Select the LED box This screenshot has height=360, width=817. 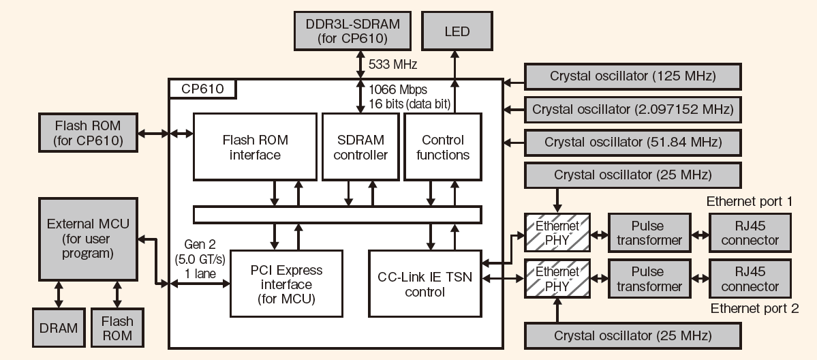pyautogui.click(x=457, y=31)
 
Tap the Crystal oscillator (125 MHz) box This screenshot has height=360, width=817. pyautogui.click(x=633, y=76)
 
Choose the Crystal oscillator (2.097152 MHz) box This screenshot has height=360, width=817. pyautogui.click(x=633, y=109)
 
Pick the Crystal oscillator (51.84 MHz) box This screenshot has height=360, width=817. pyautogui.click(x=633, y=142)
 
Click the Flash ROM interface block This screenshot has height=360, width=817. pyautogui.click(x=255, y=147)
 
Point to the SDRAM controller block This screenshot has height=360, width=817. pyautogui.click(x=362, y=147)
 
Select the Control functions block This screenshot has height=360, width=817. pyautogui.click(x=442, y=147)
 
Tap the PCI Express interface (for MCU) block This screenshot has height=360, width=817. pyautogui.click(x=286, y=284)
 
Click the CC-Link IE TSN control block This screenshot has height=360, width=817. pyautogui.click(x=424, y=284)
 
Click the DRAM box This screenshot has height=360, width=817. pyautogui.click(x=58, y=328)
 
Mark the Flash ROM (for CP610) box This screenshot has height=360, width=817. pyautogui.click(x=88, y=132)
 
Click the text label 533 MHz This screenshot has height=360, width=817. pyautogui.click(x=392, y=65)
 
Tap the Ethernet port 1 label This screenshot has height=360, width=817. pyautogui.click(x=750, y=202)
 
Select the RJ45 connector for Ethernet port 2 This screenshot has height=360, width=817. pyautogui.click(x=750, y=280)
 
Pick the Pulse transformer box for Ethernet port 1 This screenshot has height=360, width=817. pyautogui.click(x=649, y=233)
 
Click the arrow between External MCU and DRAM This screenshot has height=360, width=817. pyautogui.click(x=59, y=295)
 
